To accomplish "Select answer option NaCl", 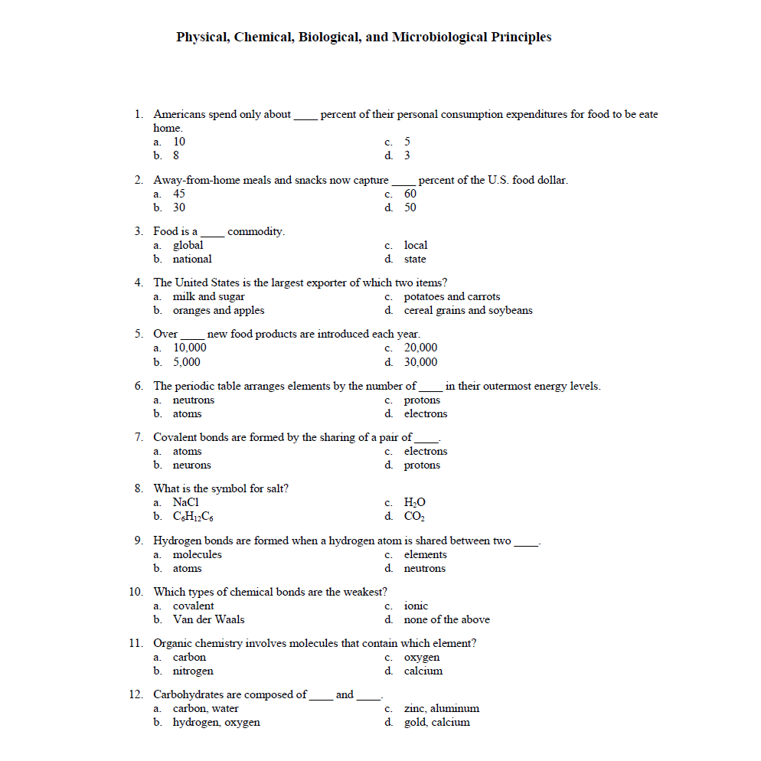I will pos(186,502).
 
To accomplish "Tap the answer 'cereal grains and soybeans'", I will pos(468,310).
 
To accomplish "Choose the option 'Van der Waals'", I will pos(208,619).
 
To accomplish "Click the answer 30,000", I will pos(421,362).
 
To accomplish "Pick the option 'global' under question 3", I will pos(188,245).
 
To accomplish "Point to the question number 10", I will pos(136,592).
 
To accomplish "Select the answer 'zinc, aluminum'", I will pos(441,708).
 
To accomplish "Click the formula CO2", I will pos(414,516).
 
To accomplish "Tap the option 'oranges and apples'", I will pos(218,310).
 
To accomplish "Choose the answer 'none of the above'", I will pos(446,619).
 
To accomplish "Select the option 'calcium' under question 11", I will pos(423,671).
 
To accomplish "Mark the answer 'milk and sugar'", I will pos(208,296).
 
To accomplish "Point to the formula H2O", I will pos(414,502).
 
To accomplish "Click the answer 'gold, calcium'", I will pos(436,722).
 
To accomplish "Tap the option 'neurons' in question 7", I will pos(191,465).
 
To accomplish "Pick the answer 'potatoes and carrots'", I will pos(452,296).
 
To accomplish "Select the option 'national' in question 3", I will pos(191,259).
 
